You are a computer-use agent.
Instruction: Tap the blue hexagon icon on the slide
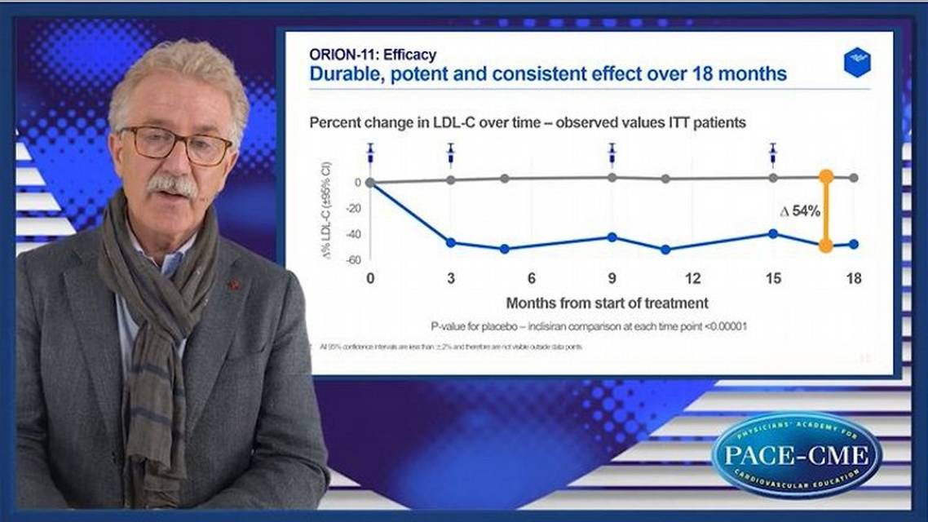tap(856, 63)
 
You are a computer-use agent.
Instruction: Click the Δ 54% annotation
tap(799, 211)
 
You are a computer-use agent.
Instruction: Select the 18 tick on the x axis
tap(854, 279)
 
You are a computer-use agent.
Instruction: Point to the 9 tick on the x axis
tap(612, 279)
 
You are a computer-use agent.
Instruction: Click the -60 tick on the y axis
tap(354, 260)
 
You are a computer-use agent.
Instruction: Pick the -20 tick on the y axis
tap(354, 208)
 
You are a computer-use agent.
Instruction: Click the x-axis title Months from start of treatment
tap(608, 303)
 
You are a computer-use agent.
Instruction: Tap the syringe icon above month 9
tap(612, 153)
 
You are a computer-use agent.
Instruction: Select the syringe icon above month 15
tap(773, 153)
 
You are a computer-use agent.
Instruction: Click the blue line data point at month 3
tap(451, 242)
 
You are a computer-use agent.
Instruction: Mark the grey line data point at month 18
tap(854, 178)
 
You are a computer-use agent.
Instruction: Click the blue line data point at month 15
tap(773, 233)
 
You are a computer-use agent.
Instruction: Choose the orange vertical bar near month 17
tap(825, 210)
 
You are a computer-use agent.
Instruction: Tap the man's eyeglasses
tap(176, 145)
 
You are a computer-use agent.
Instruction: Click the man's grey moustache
tap(172, 184)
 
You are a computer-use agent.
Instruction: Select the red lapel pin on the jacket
tap(235, 285)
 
